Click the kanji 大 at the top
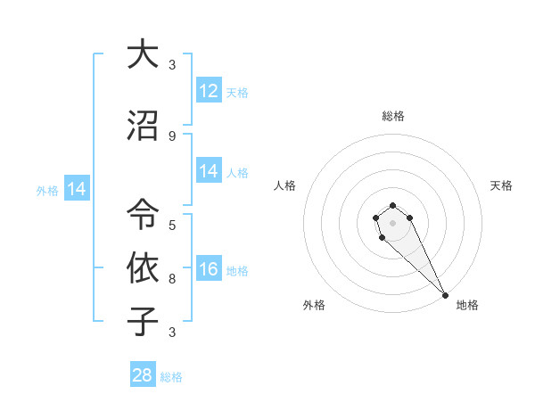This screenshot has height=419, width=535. (x=143, y=54)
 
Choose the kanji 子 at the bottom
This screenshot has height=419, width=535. (x=143, y=321)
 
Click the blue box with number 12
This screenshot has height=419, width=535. (x=209, y=91)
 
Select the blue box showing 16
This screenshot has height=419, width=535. (x=209, y=269)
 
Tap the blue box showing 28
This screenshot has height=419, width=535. (x=143, y=375)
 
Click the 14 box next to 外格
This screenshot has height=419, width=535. (x=77, y=189)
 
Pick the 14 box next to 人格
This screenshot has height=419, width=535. (x=209, y=171)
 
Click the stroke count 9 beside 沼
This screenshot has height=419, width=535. (x=172, y=136)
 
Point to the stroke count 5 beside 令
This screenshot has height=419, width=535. (x=172, y=225)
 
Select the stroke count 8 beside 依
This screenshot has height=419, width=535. (x=172, y=278)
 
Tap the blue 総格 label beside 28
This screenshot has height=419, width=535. (x=172, y=377)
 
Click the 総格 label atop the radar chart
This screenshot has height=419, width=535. (x=393, y=116)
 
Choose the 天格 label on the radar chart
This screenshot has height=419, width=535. (x=502, y=185)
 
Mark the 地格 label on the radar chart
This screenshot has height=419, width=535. (x=467, y=305)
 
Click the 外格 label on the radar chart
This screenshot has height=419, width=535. (x=314, y=305)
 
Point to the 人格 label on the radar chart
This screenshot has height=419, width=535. (x=285, y=185)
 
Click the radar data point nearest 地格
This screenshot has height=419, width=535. (x=445, y=295)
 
